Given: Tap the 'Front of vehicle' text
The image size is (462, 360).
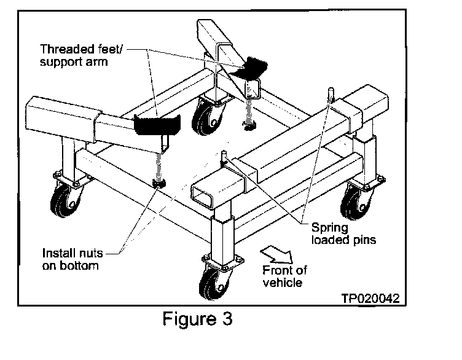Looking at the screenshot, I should coord(284,276).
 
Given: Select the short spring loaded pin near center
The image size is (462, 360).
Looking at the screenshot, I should coord(224,155).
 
